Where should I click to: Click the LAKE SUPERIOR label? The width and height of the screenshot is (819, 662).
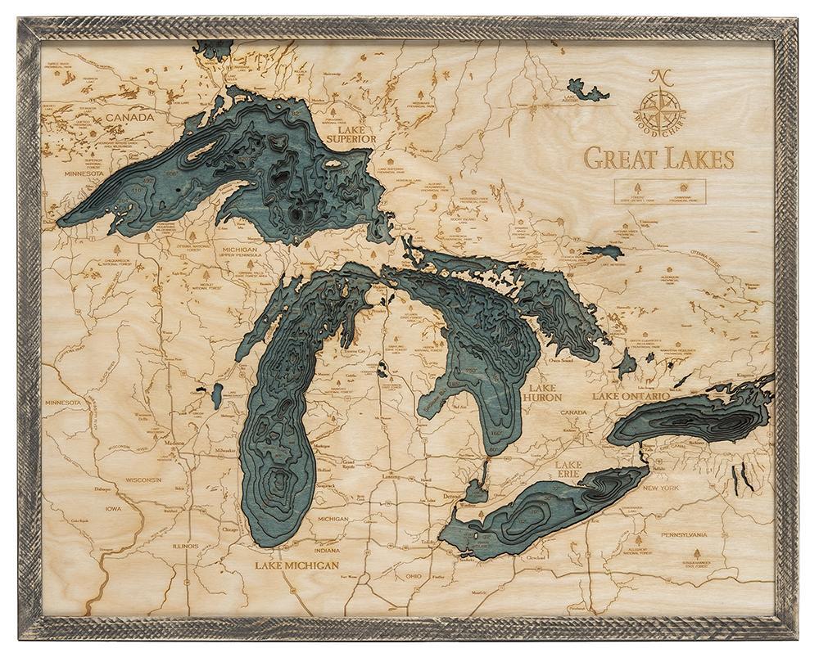(x=351, y=133)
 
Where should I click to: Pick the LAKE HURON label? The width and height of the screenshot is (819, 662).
(x=545, y=392)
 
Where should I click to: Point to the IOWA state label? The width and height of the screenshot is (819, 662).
(x=113, y=507)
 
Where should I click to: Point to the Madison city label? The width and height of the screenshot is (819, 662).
(x=174, y=443)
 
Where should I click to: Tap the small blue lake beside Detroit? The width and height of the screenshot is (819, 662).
(x=475, y=491)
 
